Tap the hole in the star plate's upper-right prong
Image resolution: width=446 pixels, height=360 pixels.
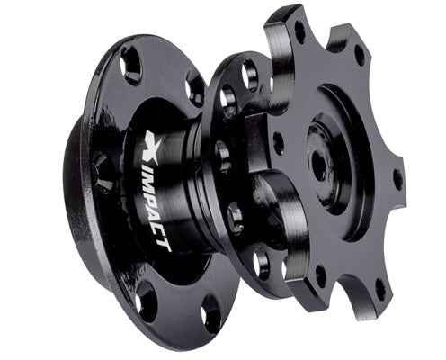click(x=359, y=55)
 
